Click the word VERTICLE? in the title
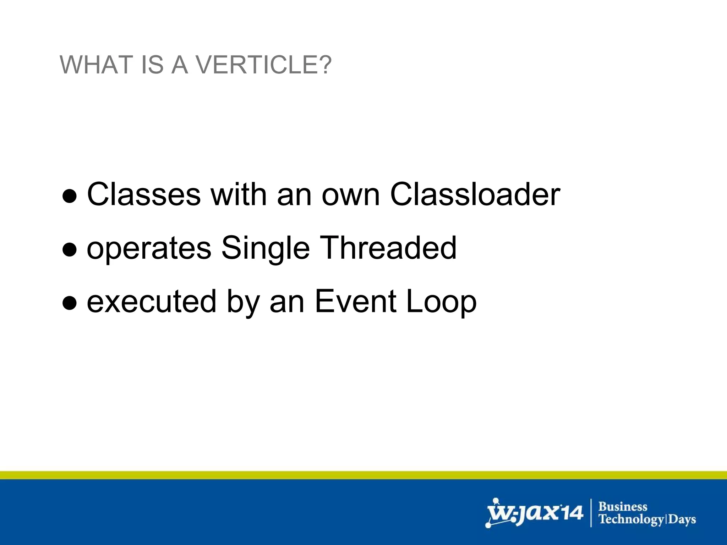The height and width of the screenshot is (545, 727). point(264,65)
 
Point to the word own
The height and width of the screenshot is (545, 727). point(350,195)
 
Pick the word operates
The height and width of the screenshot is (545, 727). point(149,248)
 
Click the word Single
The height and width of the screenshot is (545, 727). point(266,248)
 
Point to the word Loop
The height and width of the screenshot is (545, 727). point(441,302)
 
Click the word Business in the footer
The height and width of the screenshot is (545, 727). point(623,506)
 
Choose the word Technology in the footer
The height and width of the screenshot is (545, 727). point(631,519)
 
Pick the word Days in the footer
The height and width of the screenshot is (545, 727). point(682,519)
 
